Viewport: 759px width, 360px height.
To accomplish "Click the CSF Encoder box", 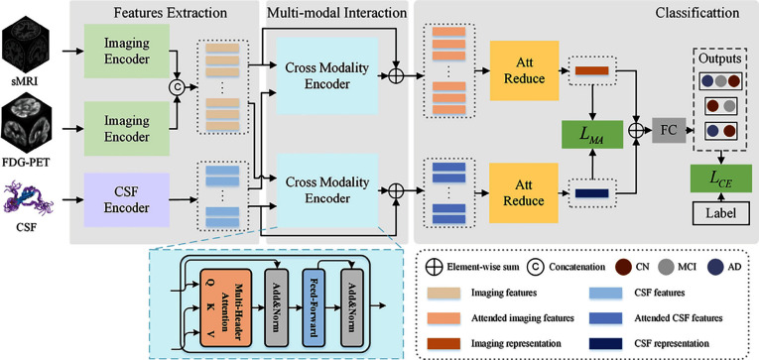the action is coord(127,200).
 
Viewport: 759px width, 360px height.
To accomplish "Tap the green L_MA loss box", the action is coord(591,135).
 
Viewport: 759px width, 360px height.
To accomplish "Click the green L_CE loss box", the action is coord(721,179).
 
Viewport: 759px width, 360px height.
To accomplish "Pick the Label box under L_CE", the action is coord(721,213).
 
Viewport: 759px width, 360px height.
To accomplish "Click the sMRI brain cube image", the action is coord(25,48).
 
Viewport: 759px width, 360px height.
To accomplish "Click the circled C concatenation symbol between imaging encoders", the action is coord(177,87).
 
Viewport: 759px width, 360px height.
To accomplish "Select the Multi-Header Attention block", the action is coord(225,307).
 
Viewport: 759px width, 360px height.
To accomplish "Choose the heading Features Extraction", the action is coord(163,13).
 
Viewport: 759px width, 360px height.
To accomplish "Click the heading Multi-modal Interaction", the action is coord(336,13).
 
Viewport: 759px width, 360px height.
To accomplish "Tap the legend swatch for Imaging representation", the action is coord(443,344).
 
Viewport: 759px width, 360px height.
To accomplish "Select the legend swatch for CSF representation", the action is coord(605,344).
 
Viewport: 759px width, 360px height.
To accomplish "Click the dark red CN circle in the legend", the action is coord(624,267).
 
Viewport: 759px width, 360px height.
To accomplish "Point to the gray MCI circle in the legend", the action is coord(671,267).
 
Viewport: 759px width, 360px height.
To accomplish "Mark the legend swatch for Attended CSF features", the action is coord(605,318).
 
